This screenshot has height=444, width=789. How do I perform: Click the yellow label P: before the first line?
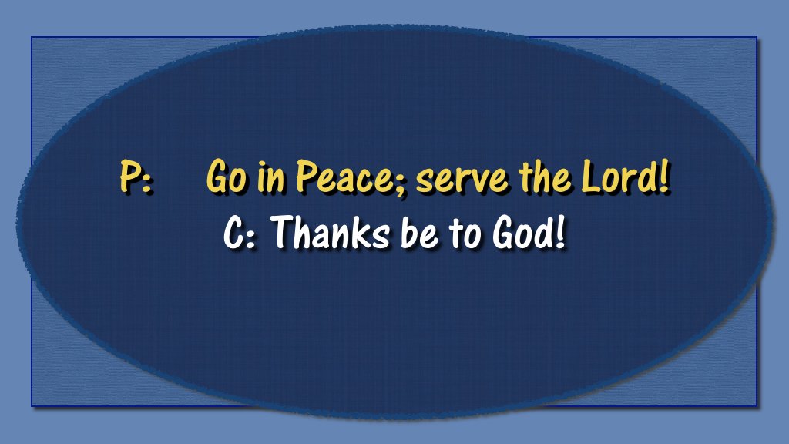point(136,177)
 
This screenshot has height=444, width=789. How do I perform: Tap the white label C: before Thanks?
point(240,233)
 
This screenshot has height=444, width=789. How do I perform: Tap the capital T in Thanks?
point(285,232)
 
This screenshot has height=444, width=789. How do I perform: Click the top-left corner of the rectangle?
point(32,37)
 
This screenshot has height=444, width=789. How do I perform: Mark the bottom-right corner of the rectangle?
point(757,405)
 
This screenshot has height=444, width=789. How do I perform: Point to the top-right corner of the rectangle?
point(757,37)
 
